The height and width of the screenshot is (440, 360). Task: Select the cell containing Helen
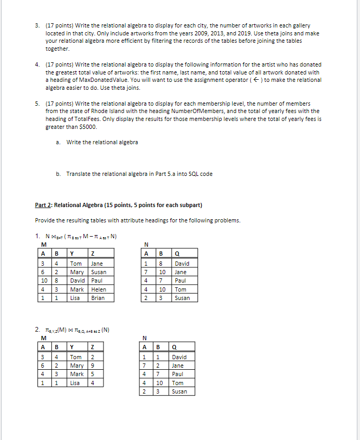[x=98, y=289]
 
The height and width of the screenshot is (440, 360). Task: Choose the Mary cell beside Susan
[x=77, y=272]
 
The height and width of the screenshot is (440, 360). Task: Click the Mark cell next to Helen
[x=77, y=289]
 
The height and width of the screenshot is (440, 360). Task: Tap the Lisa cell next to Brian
[x=75, y=298]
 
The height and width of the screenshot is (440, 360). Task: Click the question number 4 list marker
[x=37, y=64]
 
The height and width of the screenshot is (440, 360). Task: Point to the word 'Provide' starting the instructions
[x=44, y=220]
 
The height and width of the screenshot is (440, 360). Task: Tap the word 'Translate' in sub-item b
[x=78, y=174]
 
